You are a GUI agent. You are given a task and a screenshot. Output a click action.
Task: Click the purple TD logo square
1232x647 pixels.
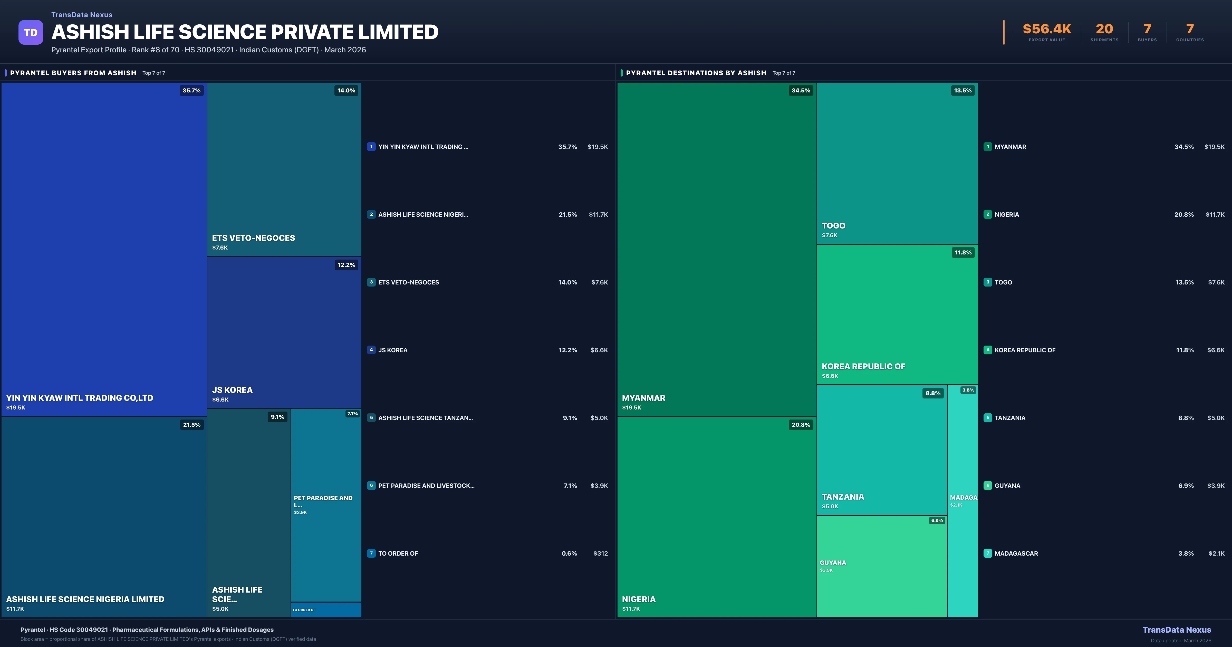point(31,33)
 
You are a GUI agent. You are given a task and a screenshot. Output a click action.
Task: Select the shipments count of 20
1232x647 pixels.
point(1104,29)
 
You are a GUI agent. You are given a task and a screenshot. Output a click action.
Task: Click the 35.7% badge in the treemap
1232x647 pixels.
point(191,90)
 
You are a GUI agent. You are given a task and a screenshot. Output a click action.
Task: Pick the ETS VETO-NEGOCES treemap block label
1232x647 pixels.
point(254,238)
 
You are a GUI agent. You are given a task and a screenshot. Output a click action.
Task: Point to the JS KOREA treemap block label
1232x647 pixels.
point(233,390)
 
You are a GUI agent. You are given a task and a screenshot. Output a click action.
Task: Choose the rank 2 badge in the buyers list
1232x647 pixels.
point(371,214)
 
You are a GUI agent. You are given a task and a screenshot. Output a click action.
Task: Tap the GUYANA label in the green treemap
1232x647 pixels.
point(833,563)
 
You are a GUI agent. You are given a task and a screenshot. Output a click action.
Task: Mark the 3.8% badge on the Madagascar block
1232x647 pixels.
point(968,390)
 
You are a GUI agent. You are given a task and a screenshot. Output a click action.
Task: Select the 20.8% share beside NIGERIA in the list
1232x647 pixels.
point(1184,214)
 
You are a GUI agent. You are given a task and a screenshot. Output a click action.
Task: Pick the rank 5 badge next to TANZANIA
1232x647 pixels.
point(988,418)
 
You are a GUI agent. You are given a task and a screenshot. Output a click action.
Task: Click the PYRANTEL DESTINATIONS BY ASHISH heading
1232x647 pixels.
point(696,73)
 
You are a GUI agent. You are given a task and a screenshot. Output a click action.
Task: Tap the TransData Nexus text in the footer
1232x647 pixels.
point(1177,630)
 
